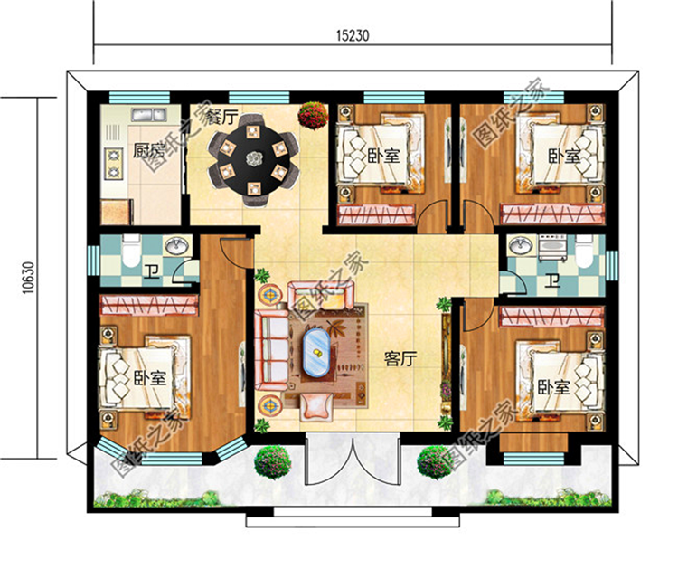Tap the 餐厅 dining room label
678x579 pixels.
click(221, 118)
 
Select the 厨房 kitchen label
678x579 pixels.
click(123, 151)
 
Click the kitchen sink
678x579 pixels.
click(146, 116)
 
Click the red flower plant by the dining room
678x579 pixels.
click(313, 115)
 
